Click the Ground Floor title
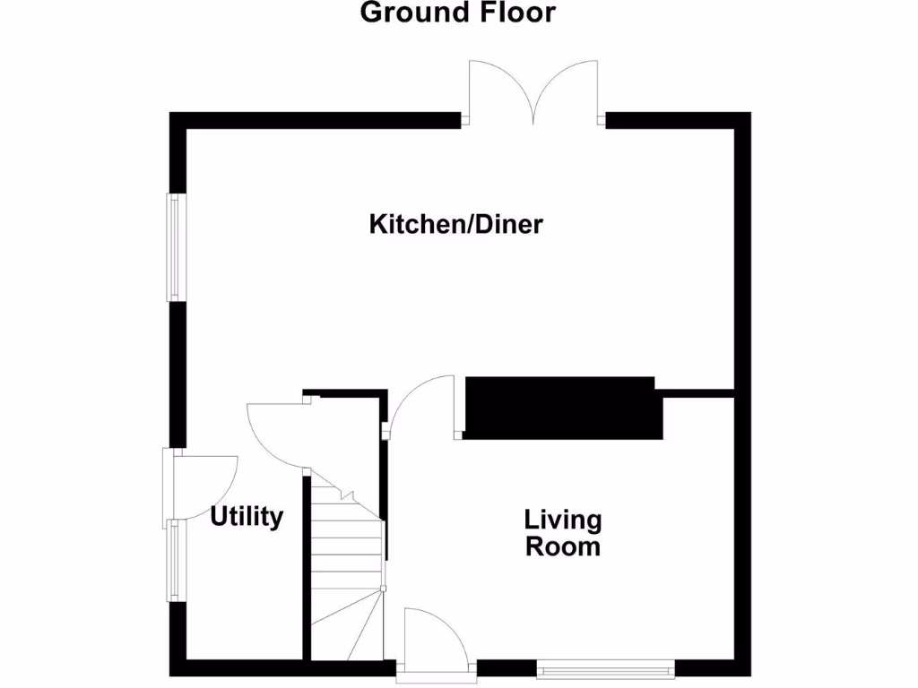coord(457,13)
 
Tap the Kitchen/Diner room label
coord(455,224)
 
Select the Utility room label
coord(247,517)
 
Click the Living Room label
coord(563,533)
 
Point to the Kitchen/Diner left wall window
coord(176,248)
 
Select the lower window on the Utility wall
coord(173,561)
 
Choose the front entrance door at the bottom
coord(433,638)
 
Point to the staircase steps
coord(347,546)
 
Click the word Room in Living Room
coord(563,546)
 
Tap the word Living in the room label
coord(563,520)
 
